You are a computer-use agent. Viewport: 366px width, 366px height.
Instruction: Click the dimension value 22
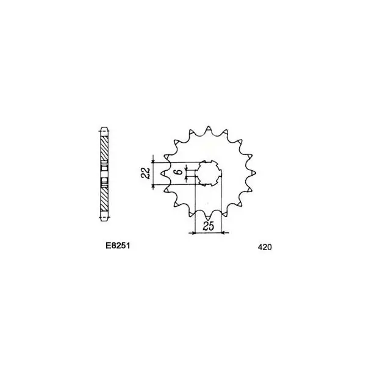pyautogui.click(x=146, y=173)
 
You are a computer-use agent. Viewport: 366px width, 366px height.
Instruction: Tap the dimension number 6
pyautogui.click(x=179, y=172)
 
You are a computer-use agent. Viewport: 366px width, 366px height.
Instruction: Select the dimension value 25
pyautogui.click(x=208, y=226)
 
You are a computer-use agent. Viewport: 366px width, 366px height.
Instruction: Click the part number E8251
pyautogui.click(x=118, y=246)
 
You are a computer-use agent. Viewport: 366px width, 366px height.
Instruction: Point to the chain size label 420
pyautogui.click(x=265, y=247)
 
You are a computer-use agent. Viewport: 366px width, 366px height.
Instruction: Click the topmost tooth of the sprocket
pyautogui.click(x=209, y=129)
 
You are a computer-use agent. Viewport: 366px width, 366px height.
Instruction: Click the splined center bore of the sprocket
pyautogui.click(x=208, y=173)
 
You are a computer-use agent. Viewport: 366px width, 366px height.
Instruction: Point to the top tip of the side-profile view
pyautogui.click(x=104, y=127)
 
